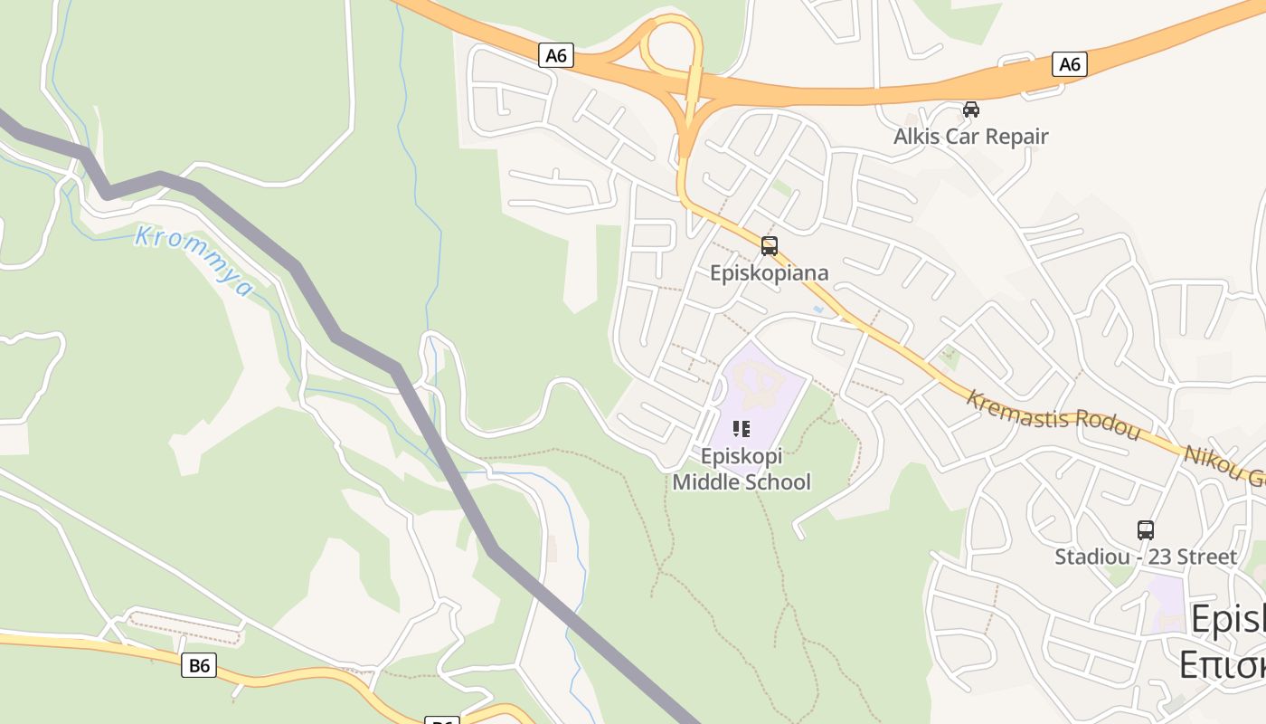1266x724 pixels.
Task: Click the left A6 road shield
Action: click(556, 55)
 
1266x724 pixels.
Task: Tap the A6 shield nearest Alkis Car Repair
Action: click(1069, 63)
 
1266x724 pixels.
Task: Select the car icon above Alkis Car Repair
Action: click(970, 110)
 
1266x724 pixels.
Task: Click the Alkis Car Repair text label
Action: click(970, 137)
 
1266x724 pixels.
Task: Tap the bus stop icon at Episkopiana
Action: click(769, 245)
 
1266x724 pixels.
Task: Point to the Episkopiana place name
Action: click(769, 272)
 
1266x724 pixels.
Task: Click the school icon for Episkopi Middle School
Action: click(742, 429)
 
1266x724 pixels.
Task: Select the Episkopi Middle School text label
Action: click(742, 470)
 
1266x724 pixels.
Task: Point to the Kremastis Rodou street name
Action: click(1053, 414)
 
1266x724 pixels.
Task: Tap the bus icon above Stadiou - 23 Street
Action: click(1145, 530)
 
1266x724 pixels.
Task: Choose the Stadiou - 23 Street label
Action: click(1145, 557)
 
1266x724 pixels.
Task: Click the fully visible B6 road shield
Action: click(199, 666)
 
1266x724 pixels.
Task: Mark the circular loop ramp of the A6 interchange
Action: click(672, 45)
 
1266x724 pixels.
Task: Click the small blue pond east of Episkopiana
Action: click(818, 310)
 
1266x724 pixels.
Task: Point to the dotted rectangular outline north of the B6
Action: click(185, 628)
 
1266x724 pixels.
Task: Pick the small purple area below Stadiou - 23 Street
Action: click(1165, 601)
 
